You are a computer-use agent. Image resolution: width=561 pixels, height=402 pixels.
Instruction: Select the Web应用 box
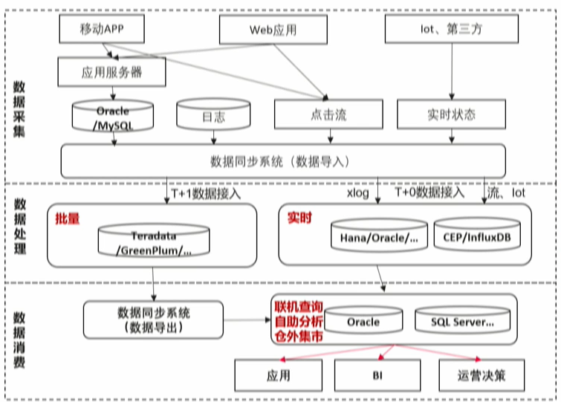(x=273, y=30)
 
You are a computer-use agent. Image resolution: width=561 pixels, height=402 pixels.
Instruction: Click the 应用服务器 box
(x=111, y=73)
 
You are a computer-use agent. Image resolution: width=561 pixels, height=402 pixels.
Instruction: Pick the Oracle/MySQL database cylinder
(x=112, y=117)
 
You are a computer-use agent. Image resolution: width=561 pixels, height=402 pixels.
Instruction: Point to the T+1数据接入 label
(x=206, y=193)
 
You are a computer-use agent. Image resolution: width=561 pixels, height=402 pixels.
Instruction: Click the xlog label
(x=358, y=193)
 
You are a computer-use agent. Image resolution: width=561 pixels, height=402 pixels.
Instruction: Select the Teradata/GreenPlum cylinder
(x=154, y=242)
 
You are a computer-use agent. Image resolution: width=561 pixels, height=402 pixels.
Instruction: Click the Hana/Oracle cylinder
(x=379, y=237)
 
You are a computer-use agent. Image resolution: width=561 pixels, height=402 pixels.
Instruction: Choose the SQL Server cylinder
(x=462, y=322)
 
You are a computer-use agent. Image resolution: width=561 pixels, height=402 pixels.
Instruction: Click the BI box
(x=377, y=375)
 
